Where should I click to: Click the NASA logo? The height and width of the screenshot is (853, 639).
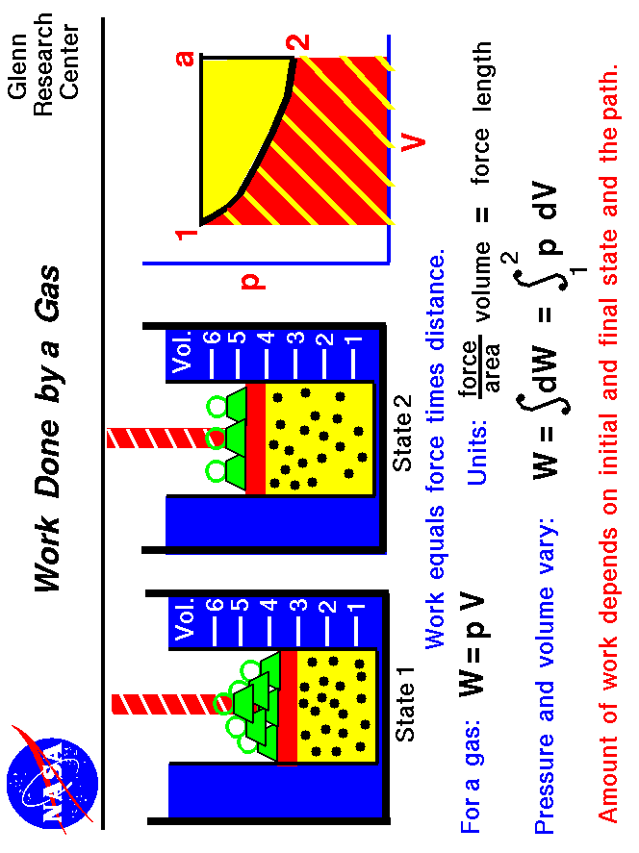(x=50, y=775)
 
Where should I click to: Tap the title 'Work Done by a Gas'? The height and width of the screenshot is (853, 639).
(x=48, y=428)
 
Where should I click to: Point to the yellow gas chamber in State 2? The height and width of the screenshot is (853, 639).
(x=318, y=438)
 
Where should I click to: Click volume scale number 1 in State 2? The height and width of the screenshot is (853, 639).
(x=355, y=340)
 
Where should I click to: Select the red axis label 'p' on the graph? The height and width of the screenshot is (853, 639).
(x=252, y=281)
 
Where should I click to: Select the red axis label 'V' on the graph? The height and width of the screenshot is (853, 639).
(x=413, y=143)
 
